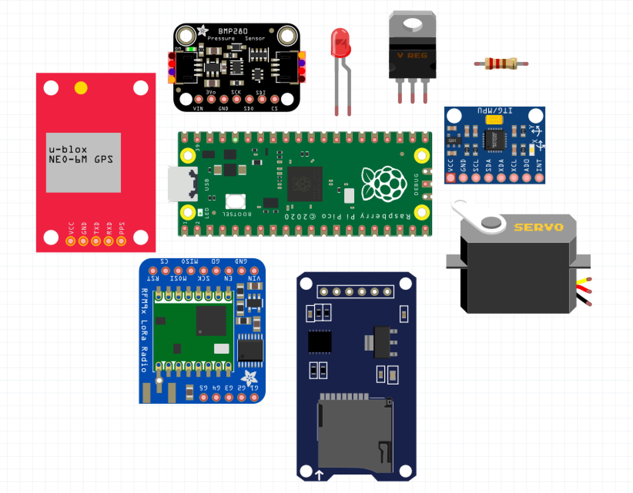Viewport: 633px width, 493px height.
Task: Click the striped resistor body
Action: [x=501, y=64]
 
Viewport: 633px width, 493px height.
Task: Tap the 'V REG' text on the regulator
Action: [x=412, y=55]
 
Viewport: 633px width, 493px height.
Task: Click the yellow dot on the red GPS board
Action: [x=81, y=88]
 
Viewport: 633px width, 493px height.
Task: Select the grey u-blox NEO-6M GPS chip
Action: [x=83, y=162]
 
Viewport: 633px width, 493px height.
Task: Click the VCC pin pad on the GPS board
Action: [x=70, y=241]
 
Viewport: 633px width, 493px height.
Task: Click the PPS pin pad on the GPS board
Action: [x=121, y=241]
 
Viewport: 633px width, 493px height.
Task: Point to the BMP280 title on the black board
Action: [x=233, y=31]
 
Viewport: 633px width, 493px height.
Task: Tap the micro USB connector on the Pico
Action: [x=183, y=184]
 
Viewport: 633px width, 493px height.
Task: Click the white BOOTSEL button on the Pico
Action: [x=235, y=201]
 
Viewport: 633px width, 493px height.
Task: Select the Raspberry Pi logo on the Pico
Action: [x=384, y=184]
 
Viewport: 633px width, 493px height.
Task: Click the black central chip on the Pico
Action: [x=305, y=184]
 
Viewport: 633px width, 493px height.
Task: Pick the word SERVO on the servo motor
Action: [x=538, y=227]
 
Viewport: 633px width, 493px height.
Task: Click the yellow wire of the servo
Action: [x=583, y=281]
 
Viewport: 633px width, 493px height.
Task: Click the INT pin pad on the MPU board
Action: [x=539, y=178]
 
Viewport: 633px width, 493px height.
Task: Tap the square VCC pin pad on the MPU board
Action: [x=450, y=178]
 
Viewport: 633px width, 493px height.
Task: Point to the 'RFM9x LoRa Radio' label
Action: [x=144, y=330]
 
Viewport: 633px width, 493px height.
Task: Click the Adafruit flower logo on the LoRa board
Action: [x=249, y=378]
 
